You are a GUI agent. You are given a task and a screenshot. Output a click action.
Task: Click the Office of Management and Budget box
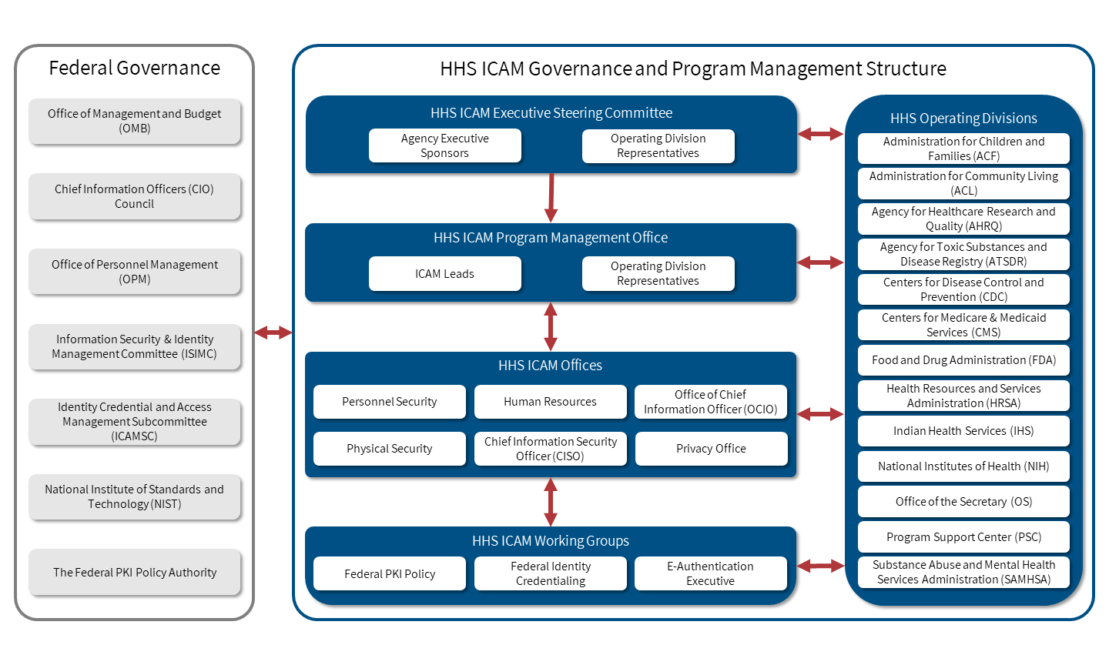(135, 121)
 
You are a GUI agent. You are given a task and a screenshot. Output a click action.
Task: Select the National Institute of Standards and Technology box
(135, 496)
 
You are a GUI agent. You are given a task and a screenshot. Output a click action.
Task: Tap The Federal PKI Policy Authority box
(135, 572)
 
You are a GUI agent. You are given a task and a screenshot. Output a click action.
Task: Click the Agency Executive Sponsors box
(444, 145)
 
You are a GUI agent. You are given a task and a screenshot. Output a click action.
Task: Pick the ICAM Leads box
(444, 273)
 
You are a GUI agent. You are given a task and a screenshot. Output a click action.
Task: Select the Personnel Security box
(389, 401)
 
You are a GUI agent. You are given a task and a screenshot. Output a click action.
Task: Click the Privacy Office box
(711, 448)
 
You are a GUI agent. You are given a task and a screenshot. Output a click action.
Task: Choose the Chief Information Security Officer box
(550, 448)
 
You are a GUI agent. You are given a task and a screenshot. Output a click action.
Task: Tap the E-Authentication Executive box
(710, 573)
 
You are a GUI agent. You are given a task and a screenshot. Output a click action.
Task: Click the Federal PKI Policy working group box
(389, 573)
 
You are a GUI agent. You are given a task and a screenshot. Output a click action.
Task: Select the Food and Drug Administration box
(963, 359)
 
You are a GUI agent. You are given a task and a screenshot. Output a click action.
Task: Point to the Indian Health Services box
(963, 430)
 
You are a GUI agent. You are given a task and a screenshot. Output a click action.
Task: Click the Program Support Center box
(963, 536)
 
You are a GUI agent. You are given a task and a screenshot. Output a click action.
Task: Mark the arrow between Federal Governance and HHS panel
(273, 332)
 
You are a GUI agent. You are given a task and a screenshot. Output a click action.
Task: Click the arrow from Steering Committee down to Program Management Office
(551, 198)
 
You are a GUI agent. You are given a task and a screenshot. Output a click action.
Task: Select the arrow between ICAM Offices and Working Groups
(551, 502)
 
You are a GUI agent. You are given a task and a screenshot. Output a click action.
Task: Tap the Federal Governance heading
(135, 68)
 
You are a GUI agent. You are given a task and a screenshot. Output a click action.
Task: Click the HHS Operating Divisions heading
(963, 118)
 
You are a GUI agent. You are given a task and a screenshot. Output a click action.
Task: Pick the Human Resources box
(550, 401)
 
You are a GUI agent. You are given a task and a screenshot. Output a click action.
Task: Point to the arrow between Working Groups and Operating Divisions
(820, 566)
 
